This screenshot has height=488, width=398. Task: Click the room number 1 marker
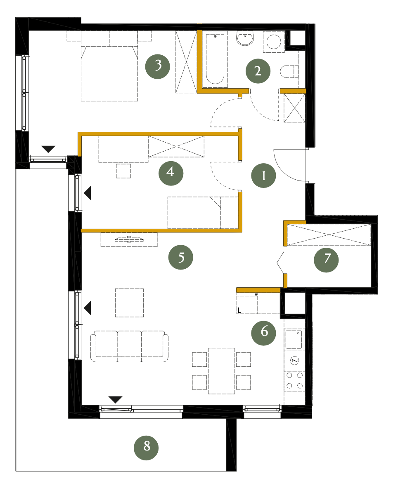[263, 176]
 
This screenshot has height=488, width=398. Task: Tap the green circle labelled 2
[258, 71]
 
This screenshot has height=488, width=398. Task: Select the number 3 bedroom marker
[158, 66]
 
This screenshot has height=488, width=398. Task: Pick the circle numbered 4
[171, 173]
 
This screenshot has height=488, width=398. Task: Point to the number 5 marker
[181, 257]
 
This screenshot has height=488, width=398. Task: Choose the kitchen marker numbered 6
[264, 333]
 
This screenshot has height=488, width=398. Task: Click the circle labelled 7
[326, 260]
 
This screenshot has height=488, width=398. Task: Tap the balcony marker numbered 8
[146, 448]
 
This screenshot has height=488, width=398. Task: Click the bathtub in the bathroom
[215, 59]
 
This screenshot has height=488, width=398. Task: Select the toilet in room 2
[289, 72]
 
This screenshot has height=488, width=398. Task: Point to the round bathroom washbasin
[245, 39]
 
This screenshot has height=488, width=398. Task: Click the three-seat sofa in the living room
[129, 346]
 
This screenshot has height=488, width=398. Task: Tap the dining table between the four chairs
[222, 371]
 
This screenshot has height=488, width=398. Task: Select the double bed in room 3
[109, 73]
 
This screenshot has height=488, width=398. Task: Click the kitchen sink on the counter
[294, 339]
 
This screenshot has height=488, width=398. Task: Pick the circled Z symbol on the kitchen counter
[294, 361]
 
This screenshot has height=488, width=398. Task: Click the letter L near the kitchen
[239, 310]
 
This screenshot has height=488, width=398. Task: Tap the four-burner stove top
[294, 380]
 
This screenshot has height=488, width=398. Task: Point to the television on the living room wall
[129, 239]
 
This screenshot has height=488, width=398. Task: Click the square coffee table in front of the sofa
[129, 303]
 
